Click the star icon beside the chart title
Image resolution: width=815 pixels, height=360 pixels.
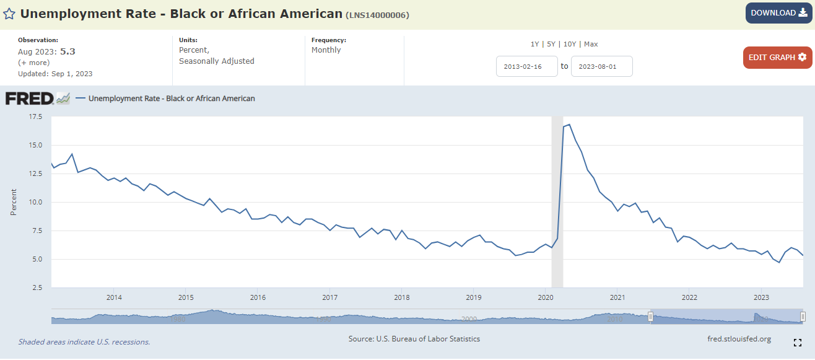pyautogui.click(x=9, y=14)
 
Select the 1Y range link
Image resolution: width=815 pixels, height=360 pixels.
pyautogui.click(x=534, y=44)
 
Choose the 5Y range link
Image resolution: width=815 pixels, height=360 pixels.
pyautogui.click(x=551, y=44)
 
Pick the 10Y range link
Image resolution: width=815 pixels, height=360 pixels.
pyautogui.click(x=570, y=44)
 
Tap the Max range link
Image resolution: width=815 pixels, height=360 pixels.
pyautogui.click(x=591, y=44)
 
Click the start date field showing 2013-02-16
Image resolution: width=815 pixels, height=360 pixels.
pyautogui.click(x=527, y=66)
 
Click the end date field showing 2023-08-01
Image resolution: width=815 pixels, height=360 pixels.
pyautogui.click(x=601, y=66)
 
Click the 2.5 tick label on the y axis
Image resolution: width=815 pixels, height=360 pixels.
pyautogui.click(x=37, y=288)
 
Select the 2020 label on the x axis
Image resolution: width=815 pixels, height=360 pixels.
pyautogui.click(x=545, y=297)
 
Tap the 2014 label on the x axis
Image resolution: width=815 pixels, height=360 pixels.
pyautogui.click(x=113, y=297)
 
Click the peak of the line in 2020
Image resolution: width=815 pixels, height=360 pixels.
pyautogui.click(x=569, y=125)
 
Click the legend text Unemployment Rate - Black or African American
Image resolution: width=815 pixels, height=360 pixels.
pyautogui.click(x=172, y=99)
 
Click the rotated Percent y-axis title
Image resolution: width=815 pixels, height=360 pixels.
pyautogui.click(x=14, y=202)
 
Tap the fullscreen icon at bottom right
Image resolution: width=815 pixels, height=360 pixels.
pyautogui.click(x=798, y=342)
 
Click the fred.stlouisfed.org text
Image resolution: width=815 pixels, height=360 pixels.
pyautogui.click(x=739, y=339)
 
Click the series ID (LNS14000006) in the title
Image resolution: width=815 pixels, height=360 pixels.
pyautogui.click(x=377, y=15)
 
